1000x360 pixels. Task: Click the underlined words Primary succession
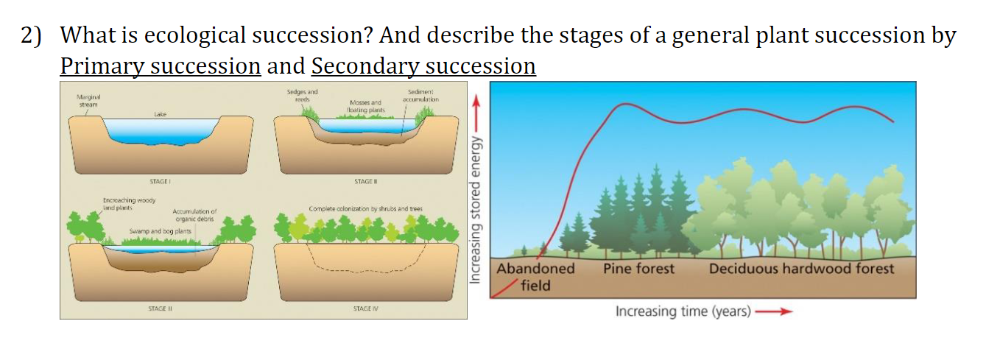click(160, 66)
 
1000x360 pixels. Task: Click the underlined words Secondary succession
click(423, 66)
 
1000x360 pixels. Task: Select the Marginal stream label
click(88, 99)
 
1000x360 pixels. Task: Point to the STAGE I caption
click(161, 180)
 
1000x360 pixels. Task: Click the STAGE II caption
click(365, 180)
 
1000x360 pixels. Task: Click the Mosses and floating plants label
click(365, 106)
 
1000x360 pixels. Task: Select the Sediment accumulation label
click(423, 95)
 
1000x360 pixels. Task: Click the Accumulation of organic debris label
click(194, 215)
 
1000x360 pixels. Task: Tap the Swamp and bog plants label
click(161, 231)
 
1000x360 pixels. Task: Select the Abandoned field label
click(535, 276)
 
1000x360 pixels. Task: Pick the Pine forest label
click(638, 269)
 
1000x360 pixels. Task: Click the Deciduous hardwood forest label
click(801, 269)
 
